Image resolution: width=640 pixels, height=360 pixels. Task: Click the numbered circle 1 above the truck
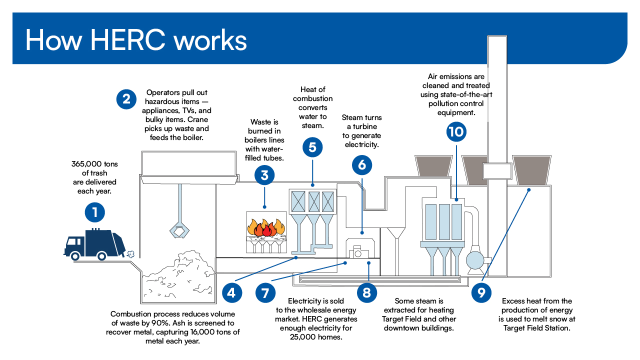point(95,212)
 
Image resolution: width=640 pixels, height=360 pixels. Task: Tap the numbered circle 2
point(126,99)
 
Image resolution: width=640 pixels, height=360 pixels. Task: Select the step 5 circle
point(312,147)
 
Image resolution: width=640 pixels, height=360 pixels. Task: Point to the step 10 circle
point(456,131)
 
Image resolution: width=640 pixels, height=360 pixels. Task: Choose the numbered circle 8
point(366,292)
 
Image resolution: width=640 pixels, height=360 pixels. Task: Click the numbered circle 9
point(481,292)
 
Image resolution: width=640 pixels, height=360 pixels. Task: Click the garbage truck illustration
point(94,244)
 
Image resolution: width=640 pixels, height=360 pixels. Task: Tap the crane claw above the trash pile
point(179,231)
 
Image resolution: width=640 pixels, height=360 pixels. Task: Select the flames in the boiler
point(266,227)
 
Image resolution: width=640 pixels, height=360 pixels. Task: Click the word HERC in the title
point(127,40)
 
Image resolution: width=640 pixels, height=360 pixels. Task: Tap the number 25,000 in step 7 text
point(303,337)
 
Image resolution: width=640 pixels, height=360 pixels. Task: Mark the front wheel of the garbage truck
point(75,256)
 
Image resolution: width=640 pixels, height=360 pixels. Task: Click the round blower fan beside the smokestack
point(475,260)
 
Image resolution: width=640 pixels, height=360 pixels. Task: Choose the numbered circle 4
point(232,292)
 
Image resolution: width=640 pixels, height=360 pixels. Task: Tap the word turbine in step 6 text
point(364,126)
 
